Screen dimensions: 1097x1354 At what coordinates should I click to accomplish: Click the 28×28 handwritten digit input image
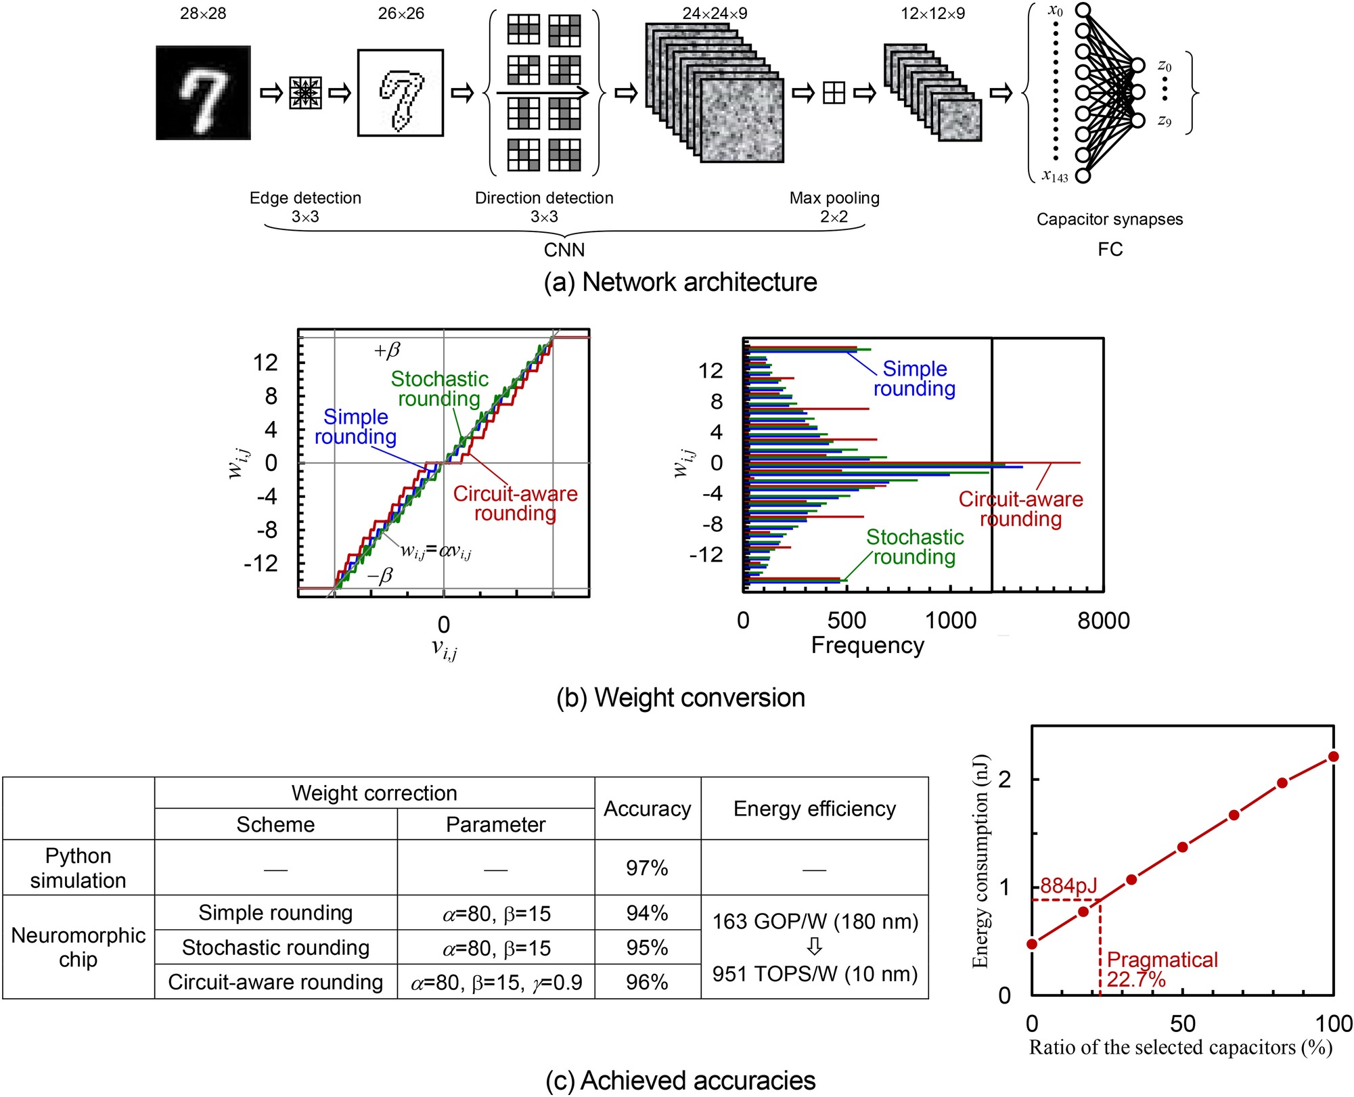(x=203, y=93)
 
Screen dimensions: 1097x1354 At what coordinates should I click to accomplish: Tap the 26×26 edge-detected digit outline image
(x=401, y=93)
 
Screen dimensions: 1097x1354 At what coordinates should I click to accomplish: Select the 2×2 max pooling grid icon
(x=834, y=93)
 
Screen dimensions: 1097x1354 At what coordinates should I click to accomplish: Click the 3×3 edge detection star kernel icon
(x=305, y=93)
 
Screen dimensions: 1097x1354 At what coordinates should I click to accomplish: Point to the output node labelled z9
(x=1138, y=120)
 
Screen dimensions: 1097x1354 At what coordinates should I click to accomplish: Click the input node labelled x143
(x=1083, y=176)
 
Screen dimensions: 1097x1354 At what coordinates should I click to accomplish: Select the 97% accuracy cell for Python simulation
(x=647, y=868)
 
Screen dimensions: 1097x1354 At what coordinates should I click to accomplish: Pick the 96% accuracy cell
(x=647, y=981)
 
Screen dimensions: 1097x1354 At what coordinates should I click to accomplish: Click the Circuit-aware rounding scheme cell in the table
(x=275, y=981)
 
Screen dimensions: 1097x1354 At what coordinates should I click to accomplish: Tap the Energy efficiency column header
(x=814, y=809)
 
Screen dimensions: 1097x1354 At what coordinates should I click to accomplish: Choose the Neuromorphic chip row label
(x=78, y=947)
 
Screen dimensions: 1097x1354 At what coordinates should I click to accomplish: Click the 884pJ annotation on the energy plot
(x=1068, y=885)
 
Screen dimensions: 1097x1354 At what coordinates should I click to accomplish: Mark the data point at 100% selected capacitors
(x=1333, y=757)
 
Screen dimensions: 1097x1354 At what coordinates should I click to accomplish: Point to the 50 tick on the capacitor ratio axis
(x=1182, y=1023)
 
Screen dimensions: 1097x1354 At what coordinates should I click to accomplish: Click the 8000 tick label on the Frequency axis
(x=1103, y=621)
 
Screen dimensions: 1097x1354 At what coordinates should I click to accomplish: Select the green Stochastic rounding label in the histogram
(x=915, y=547)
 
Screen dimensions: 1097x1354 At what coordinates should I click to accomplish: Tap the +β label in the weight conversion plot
(x=387, y=350)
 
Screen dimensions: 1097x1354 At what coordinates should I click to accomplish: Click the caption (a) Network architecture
(x=680, y=282)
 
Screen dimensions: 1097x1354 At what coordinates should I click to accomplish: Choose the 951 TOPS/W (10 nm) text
(x=815, y=974)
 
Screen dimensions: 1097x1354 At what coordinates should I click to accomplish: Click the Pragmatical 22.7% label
(x=1161, y=969)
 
